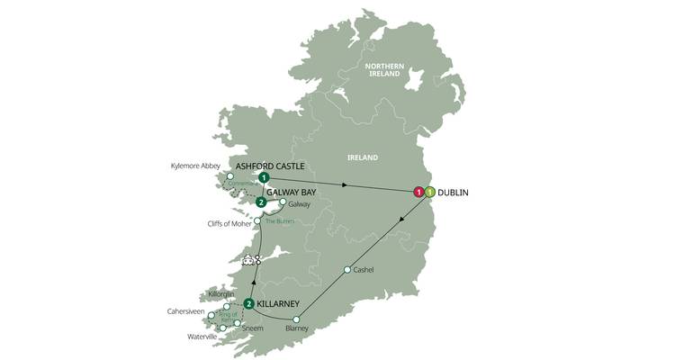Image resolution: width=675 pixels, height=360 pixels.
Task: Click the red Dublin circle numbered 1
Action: pyautogui.click(x=418, y=192)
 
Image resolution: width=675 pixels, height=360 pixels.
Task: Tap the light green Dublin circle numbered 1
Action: pyautogui.click(x=430, y=192)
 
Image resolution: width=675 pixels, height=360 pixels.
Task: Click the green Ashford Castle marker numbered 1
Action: pyautogui.click(x=263, y=177)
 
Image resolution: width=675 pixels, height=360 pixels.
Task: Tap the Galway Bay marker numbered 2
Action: pyautogui.click(x=261, y=202)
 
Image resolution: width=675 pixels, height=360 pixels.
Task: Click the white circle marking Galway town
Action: pyautogui.click(x=283, y=202)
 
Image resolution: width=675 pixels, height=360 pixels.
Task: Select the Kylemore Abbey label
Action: pyautogui.click(x=194, y=166)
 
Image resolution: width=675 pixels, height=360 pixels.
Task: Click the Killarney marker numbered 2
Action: pyautogui.click(x=248, y=304)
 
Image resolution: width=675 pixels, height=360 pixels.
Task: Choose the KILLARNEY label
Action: pyautogui.click(x=285, y=304)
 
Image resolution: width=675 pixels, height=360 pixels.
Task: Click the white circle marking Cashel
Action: pyautogui.click(x=347, y=270)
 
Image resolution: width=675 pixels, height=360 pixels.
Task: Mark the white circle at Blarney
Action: pyautogui.click(x=297, y=319)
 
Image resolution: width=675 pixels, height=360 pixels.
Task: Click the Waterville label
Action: pyautogui.click(x=202, y=336)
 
